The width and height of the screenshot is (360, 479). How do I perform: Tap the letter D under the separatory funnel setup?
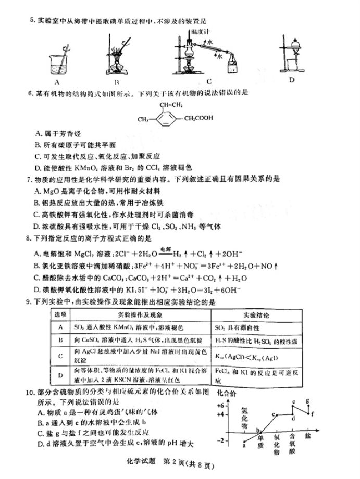[x=292, y=79]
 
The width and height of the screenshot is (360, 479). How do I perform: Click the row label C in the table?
[x=60, y=356]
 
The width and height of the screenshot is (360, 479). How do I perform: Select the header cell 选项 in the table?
[x=60, y=316]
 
